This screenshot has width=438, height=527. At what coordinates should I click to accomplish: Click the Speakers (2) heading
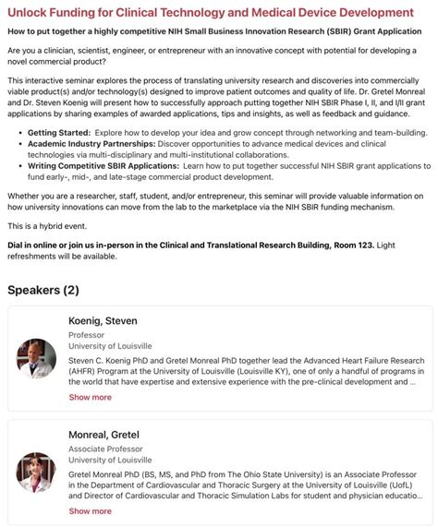click(x=43, y=290)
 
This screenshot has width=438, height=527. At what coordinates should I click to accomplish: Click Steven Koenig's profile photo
click(x=37, y=358)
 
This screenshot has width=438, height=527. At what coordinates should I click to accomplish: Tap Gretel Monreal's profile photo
click(x=37, y=473)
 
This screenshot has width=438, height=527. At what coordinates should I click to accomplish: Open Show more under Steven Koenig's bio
click(x=90, y=397)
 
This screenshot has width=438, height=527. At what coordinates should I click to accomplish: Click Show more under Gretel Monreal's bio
click(x=90, y=510)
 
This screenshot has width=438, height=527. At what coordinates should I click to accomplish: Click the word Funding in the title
click(x=88, y=12)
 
